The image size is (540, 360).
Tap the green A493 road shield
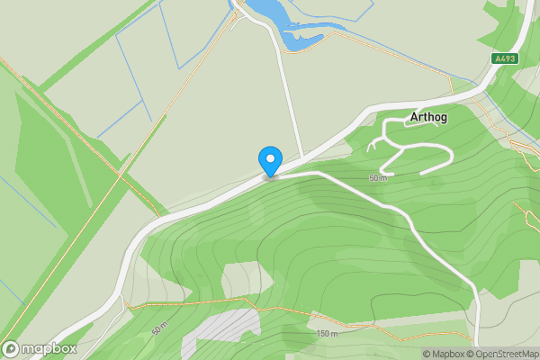click(x=505, y=58)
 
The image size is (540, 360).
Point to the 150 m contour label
click(x=327, y=334)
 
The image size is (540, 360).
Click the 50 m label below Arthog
click(x=377, y=178)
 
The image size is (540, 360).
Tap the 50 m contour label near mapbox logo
click(x=159, y=331)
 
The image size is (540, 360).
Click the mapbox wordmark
click(x=50, y=348)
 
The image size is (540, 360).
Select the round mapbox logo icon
click(x=12, y=348)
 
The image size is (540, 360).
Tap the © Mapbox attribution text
click(x=442, y=354)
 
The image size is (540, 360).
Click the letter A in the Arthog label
click(x=414, y=117)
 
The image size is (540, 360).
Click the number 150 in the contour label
click(x=323, y=334)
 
